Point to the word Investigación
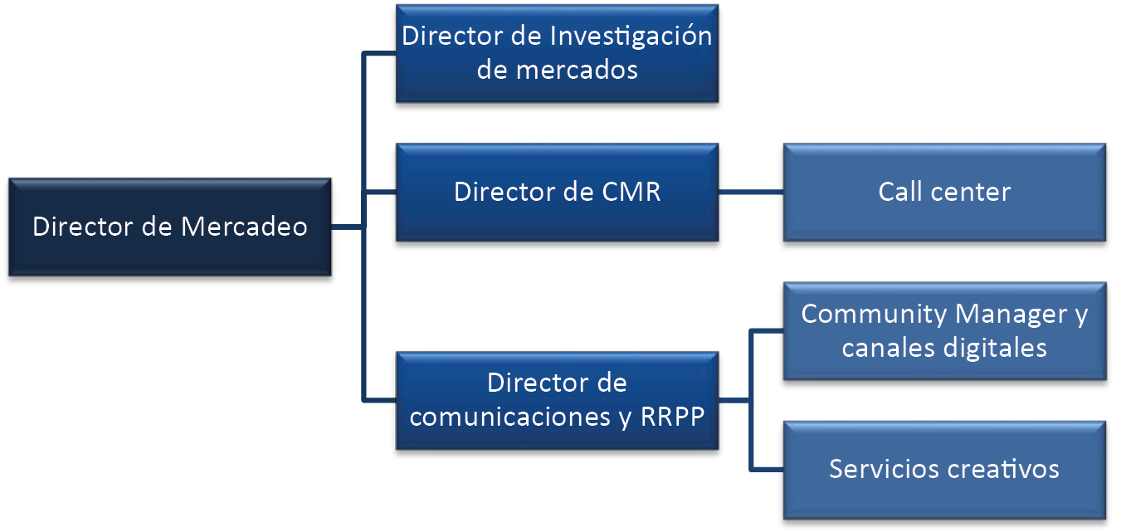click(x=631, y=37)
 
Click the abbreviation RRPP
click(x=673, y=417)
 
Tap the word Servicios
click(x=882, y=469)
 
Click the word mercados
click(x=576, y=70)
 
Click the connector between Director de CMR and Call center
click(x=749, y=193)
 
